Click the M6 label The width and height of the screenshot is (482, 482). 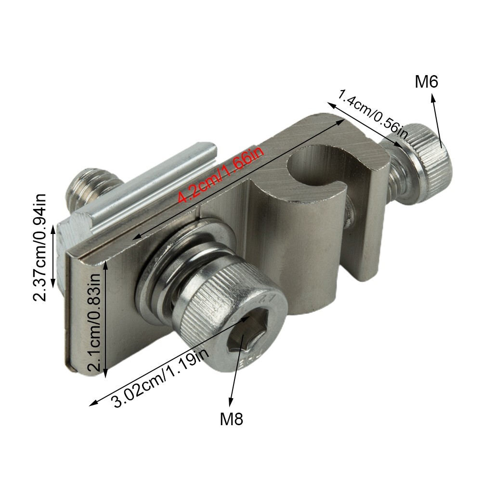426,82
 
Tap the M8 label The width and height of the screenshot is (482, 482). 232,418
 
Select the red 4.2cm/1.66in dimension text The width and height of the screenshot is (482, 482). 221,175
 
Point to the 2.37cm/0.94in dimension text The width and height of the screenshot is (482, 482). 39,248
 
